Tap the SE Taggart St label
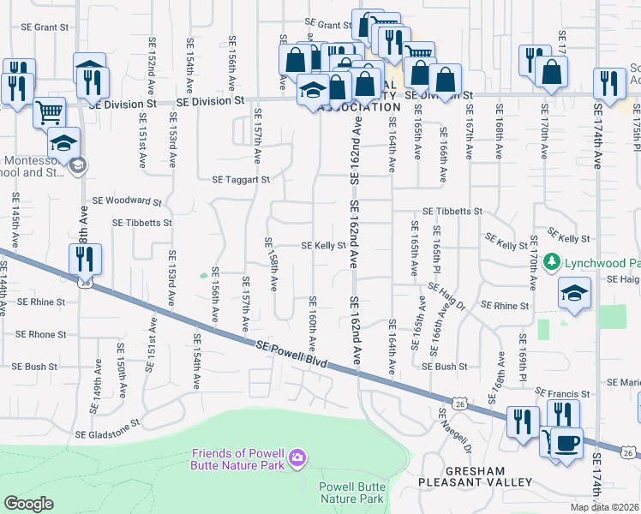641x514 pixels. (x=241, y=180)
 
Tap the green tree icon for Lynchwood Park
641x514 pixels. (x=554, y=261)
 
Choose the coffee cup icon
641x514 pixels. (x=566, y=443)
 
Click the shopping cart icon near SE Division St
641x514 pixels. (x=49, y=111)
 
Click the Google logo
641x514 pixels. (x=29, y=504)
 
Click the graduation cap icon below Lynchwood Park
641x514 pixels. (x=574, y=293)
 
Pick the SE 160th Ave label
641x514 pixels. (x=313, y=324)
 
